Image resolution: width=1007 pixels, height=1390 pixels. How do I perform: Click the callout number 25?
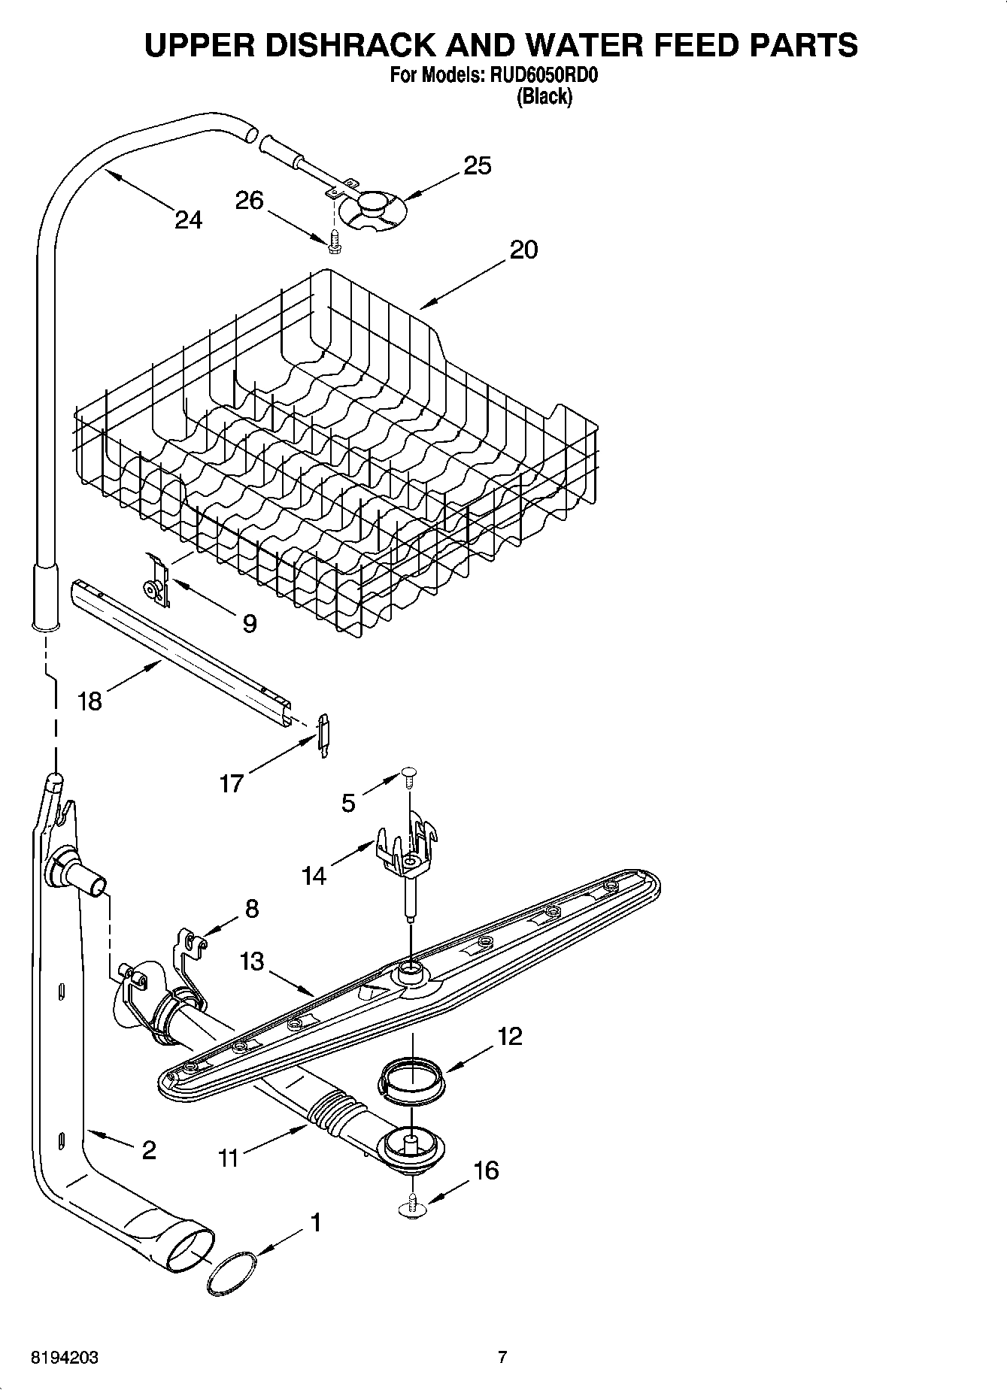(477, 165)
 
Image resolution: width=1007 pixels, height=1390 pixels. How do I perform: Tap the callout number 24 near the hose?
(189, 220)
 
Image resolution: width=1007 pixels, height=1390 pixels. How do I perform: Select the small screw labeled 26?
(334, 239)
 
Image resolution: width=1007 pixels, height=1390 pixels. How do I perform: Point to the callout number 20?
(523, 250)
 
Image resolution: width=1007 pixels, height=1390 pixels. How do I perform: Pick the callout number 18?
(89, 701)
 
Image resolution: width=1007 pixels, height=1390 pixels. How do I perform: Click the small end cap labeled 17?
(324, 734)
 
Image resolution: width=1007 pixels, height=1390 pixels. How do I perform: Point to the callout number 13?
(253, 961)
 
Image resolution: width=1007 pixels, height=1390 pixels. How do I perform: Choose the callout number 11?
(229, 1158)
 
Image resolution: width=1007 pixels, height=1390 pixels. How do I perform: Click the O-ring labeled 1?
(230, 1273)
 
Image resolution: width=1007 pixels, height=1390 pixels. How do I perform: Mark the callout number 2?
(148, 1149)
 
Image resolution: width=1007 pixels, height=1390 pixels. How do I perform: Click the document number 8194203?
(64, 1358)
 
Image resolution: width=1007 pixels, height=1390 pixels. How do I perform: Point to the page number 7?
(502, 1358)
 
